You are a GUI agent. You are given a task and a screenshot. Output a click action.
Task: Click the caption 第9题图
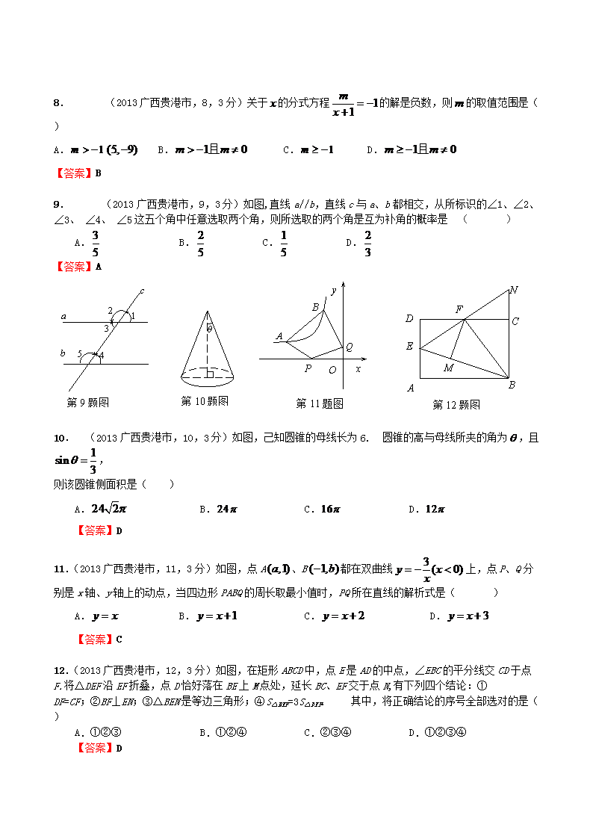[x=88, y=403]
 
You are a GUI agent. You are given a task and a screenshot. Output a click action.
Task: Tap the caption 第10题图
[x=205, y=401]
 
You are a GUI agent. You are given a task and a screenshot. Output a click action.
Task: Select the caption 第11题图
[x=320, y=403]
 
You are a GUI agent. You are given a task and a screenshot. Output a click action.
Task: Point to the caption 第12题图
[x=456, y=404]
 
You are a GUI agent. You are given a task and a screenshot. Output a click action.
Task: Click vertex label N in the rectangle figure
[x=513, y=290]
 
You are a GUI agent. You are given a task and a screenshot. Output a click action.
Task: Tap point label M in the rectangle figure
[x=448, y=368]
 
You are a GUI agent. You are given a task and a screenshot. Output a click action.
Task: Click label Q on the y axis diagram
[x=349, y=347]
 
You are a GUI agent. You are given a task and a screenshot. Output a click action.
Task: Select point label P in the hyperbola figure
[x=308, y=368]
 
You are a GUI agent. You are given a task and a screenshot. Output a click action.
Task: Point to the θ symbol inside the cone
[x=210, y=328]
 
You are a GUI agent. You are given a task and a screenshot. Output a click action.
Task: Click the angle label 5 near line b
[x=80, y=353]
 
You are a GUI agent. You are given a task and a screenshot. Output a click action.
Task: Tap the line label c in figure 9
[x=141, y=291]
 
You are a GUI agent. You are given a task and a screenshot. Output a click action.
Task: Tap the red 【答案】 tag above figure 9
[x=74, y=266]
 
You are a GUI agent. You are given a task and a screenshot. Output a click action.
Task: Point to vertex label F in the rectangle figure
[x=459, y=309]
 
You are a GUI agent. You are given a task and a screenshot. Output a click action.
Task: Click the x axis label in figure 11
[x=358, y=368]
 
